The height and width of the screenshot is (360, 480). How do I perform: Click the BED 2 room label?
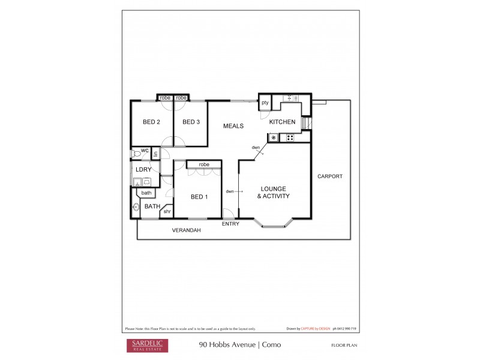click(151, 122)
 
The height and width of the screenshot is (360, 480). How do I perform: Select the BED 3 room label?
click(191, 122)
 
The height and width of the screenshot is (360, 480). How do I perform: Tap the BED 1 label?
click(199, 197)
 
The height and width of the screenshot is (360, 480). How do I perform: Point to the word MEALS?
click(233, 126)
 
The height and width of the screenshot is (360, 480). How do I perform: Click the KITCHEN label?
click(282, 122)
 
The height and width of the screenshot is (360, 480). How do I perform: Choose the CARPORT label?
click(330, 176)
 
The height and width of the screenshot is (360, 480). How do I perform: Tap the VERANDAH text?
click(186, 230)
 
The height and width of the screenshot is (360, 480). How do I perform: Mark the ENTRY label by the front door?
click(230, 224)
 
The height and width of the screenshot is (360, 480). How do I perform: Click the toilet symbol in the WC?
click(136, 154)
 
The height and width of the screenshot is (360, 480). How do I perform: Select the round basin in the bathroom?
click(136, 208)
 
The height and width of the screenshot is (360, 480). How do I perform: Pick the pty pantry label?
click(265, 103)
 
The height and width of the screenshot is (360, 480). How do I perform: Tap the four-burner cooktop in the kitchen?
click(290, 138)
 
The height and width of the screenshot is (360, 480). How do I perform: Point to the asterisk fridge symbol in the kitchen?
click(274, 138)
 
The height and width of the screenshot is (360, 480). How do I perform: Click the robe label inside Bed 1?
click(204, 164)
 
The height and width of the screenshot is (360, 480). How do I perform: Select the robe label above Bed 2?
click(164, 98)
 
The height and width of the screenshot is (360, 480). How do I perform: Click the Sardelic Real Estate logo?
click(146, 345)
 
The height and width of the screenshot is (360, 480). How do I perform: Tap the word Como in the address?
click(271, 345)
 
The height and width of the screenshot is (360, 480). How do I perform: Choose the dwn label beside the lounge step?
click(230, 191)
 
